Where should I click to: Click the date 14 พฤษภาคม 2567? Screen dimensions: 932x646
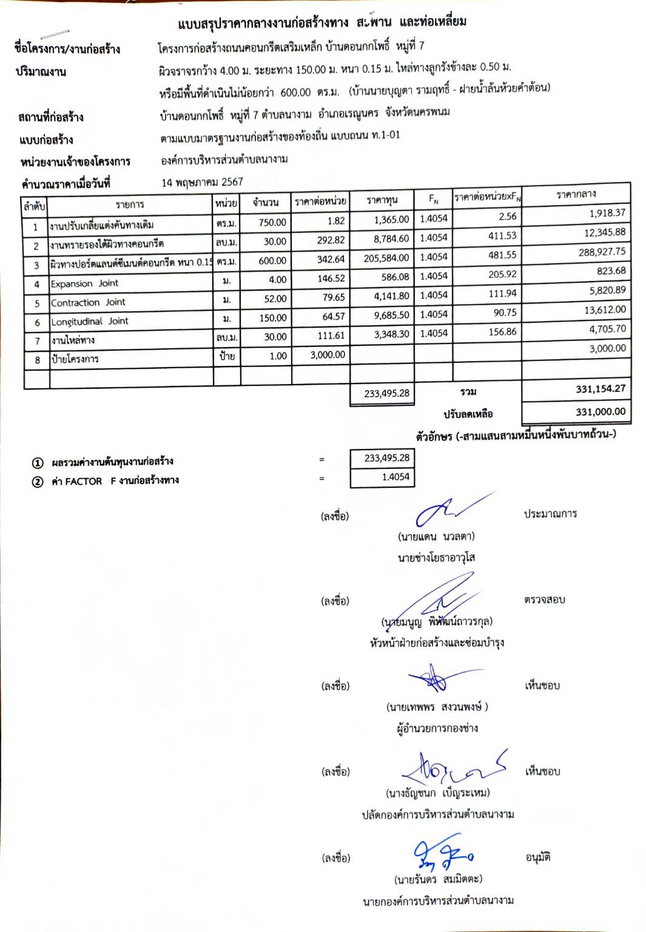[202, 182]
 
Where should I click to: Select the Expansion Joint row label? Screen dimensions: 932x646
[84, 283]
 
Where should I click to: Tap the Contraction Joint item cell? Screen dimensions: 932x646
[88, 302]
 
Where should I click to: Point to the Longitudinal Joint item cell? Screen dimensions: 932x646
[89, 321]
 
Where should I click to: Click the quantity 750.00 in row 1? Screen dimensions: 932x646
[272, 222]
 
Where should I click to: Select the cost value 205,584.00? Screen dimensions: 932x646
[386, 258]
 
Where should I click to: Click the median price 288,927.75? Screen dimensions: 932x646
[602, 252]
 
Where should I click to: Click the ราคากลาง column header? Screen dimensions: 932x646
[576, 194]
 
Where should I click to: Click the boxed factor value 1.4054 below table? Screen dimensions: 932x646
[395, 477]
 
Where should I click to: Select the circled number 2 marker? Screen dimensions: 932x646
[38, 482]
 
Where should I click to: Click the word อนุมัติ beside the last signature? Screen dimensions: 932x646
[537, 857]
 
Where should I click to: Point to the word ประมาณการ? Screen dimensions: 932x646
[550, 514]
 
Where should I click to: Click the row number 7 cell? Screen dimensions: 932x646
[36, 341]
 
